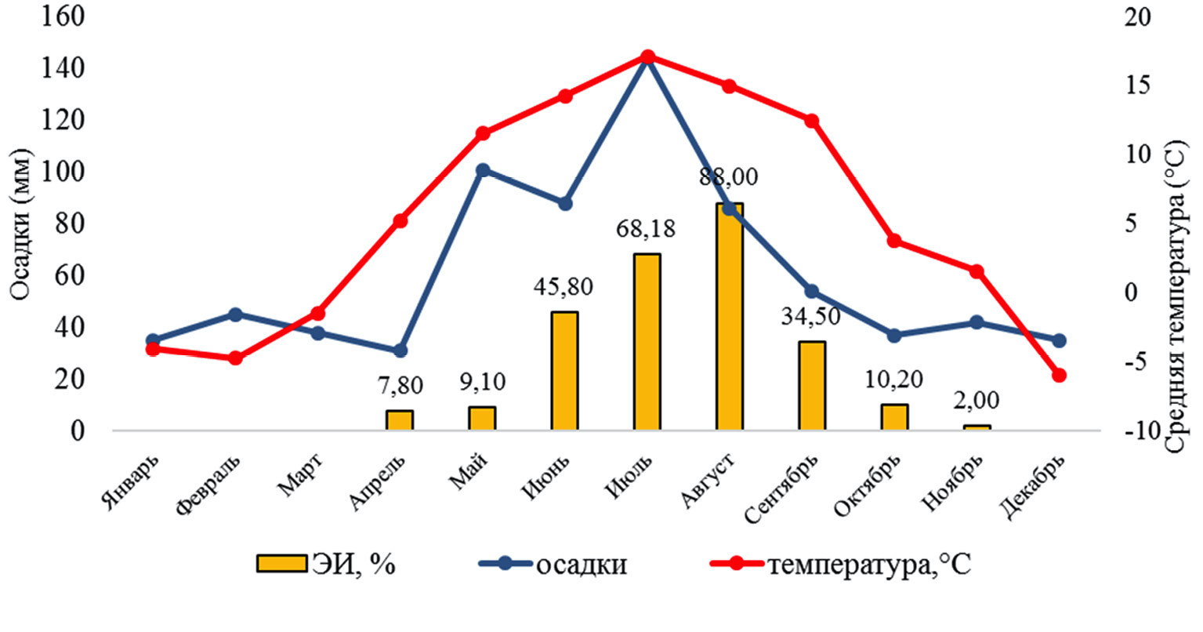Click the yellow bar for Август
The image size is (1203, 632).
point(729,317)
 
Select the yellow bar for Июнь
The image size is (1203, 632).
point(564,371)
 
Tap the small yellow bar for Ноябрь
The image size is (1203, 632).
point(977,427)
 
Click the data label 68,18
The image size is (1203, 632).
point(647,229)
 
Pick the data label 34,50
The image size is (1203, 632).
point(811,316)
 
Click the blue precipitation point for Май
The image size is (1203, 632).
point(483,170)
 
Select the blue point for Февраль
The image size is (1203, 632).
point(235,314)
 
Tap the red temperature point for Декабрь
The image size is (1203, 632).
point(1059,376)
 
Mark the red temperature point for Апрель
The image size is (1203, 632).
point(400,221)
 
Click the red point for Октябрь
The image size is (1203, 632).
point(894,241)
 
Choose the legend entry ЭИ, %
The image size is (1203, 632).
point(326,564)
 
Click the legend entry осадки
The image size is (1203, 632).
point(553,564)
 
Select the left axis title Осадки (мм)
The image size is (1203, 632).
point(22,223)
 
